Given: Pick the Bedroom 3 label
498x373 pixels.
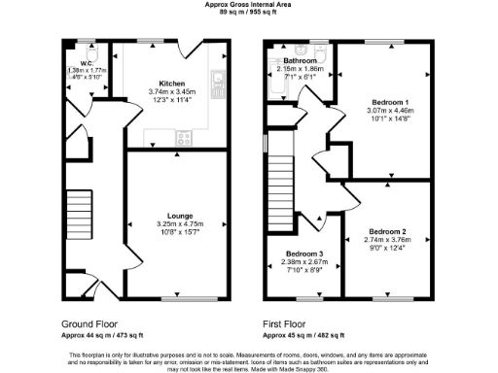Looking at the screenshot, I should (x=302, y=254).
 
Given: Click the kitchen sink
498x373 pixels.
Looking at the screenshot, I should (x=220, y=80).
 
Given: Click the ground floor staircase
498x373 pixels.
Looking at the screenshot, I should (x=79, y=217).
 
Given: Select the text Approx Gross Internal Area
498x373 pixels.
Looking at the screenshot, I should (x=248, y=5).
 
